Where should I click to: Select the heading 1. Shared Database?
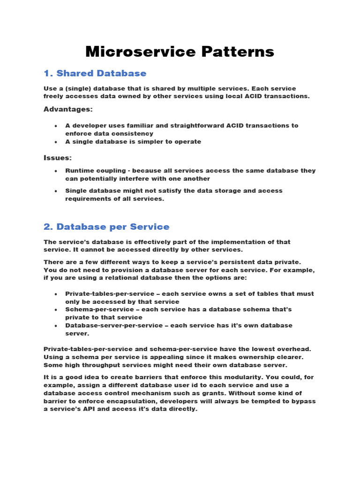pos(95,73)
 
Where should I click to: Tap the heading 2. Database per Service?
pos(106,227)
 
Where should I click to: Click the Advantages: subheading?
pos(68,109)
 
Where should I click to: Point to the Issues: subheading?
pos(58,158)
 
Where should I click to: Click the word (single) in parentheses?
pos(77,89)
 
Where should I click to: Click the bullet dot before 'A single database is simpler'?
pos(56,142)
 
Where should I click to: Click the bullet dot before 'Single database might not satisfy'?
pos(56,191)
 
